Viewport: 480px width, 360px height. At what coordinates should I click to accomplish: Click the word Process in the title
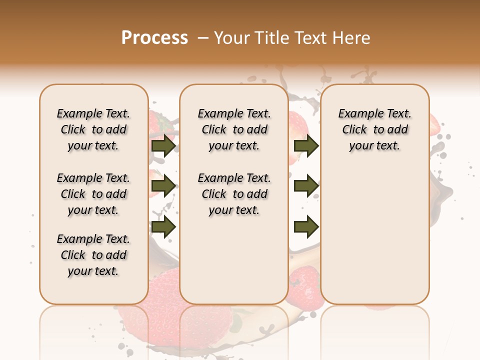154,38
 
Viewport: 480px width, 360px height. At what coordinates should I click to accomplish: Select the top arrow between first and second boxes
163,145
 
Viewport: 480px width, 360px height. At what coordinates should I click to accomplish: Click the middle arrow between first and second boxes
163,186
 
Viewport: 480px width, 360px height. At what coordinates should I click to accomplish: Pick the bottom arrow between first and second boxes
163,227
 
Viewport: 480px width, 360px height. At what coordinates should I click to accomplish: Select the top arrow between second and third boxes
306,145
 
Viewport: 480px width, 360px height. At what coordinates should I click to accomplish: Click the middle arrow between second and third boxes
306,186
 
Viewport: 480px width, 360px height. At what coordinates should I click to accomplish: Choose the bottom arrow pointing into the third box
306,227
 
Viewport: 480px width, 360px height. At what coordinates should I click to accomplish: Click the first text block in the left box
93,129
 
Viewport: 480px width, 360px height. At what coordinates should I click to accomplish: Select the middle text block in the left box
93,194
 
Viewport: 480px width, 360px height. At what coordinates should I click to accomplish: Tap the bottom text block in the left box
93,255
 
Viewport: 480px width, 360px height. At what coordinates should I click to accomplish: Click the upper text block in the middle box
234,129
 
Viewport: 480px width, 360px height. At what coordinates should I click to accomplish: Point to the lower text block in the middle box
234,194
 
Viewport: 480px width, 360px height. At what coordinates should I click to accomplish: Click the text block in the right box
374,129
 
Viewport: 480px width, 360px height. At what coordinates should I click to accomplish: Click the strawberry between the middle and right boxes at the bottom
304,282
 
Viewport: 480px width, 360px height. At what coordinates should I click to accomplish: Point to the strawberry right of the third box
434,123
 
